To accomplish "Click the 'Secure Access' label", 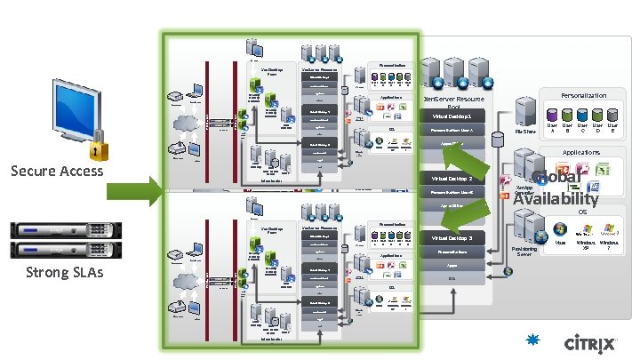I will point(57,172).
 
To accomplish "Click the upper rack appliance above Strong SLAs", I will point(57,231).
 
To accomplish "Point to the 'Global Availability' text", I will point(556,188).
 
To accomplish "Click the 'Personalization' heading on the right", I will point(583,95).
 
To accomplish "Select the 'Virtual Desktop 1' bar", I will point(459,116).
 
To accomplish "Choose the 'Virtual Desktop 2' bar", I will point(459,178).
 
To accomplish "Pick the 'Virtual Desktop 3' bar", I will point(459,238).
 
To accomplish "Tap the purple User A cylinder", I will point(551,115).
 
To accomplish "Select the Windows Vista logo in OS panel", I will point(560,228).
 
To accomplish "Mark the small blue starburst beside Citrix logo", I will point(533,339).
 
